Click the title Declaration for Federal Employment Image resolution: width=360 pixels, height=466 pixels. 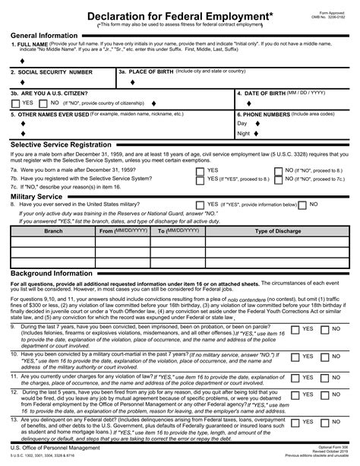tap(180, 15)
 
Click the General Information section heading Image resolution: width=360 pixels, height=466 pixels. tap(43, 36)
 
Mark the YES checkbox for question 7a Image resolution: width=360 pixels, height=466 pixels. tap(200, 170)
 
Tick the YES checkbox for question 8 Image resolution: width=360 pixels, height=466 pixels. tap(200, 204)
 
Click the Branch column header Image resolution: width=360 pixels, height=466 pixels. tap(53, 230)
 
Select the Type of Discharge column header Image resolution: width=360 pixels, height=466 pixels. tap(279, 230)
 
